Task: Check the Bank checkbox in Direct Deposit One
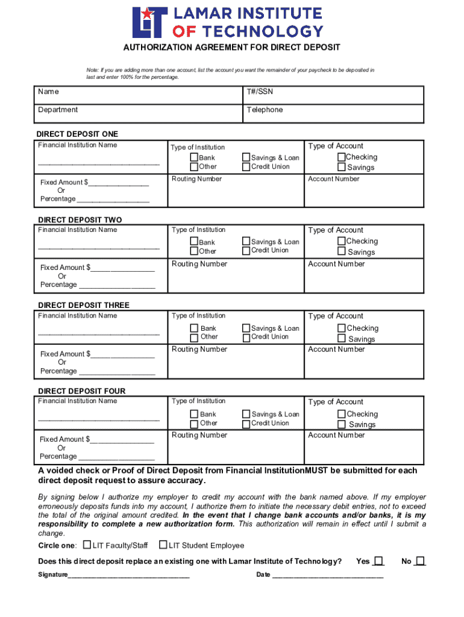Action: [x=194, y=158]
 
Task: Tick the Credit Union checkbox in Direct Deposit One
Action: [x=246, y=167]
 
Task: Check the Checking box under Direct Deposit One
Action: [x=342, y=157]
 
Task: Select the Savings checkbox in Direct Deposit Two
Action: [x=342, y=252]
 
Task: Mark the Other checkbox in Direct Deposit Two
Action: [x=194, y=251]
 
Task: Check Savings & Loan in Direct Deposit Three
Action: [x=246, y=328]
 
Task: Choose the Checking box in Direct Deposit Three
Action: [x=342, y=328]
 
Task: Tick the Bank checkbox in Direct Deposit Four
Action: [x=194, y=414]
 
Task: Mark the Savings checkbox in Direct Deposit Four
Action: [x=342, y=425]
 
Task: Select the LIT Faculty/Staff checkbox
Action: [x=87, y=545]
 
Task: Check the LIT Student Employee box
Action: [x=163, y=545]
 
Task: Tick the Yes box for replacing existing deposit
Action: [x=378, y=561]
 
